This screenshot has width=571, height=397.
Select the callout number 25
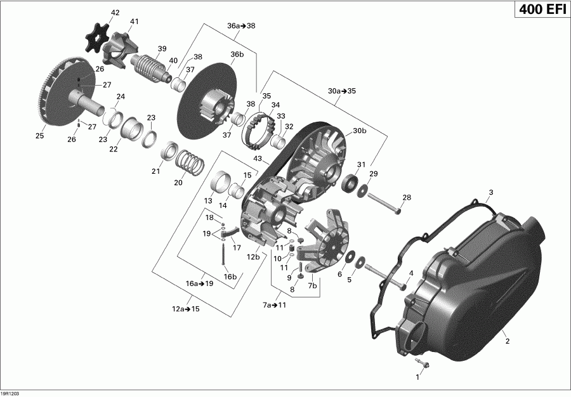(x=40, y=136)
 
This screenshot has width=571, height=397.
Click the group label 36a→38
(x=241, y=26)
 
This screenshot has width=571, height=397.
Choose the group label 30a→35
(x=342, y=91)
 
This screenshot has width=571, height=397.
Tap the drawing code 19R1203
(x=11, y=393)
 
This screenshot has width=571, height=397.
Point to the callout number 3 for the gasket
(x=490, y=192)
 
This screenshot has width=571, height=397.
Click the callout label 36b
(x=237, y=55)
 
